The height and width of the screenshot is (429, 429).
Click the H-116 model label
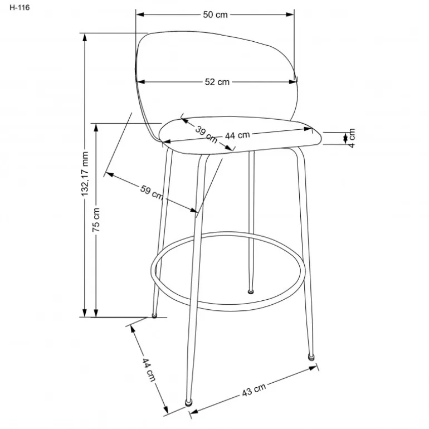click(19, 7)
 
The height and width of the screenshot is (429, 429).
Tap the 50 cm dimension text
click(215, 14)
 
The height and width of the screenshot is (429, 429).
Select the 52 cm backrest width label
click(217, 82)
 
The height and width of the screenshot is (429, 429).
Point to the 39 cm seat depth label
click(206, 134)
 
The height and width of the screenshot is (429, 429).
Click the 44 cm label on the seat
click(237, 135)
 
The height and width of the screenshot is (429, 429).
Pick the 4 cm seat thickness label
click(352, 138)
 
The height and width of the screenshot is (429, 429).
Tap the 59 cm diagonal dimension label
click(152, 192)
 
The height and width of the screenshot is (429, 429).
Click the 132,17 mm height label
click(85, 174)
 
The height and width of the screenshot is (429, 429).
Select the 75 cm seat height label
click(96, 220)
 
